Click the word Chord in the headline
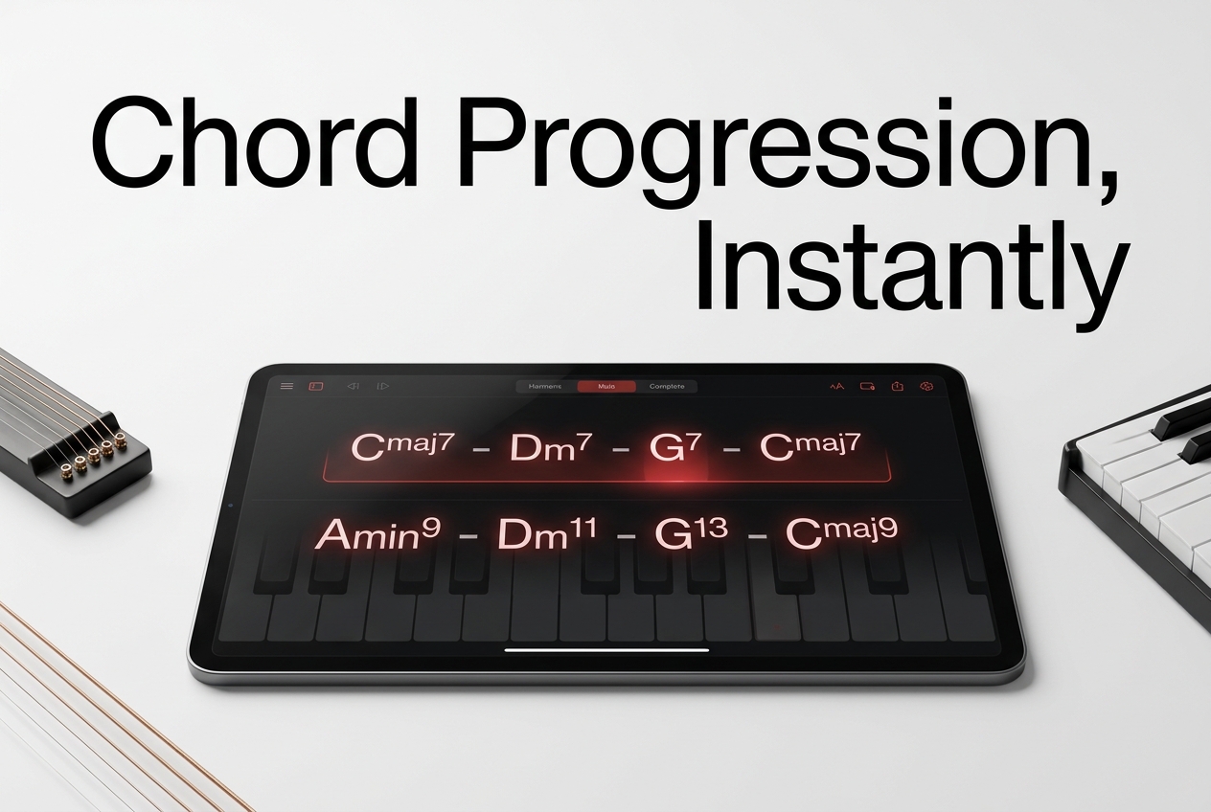(x=255, y=144)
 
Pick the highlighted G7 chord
(x=674, y=447)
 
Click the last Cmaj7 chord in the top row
(x=810, y=446)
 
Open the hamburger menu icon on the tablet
(x=286, y=386)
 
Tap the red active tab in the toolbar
(x=606, y=387)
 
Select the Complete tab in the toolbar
(x=667, y=387)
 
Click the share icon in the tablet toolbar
(x=898, y=386)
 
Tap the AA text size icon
(x=836, y=387)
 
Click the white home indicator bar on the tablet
(x=606, y=650)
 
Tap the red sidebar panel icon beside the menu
(x=316, y=386)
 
